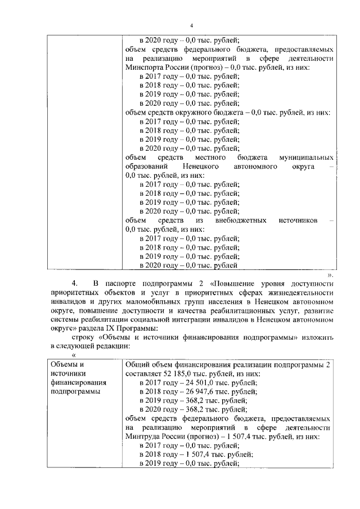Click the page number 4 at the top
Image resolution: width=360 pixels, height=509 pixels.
191,25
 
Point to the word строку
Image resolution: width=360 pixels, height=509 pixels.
84,337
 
